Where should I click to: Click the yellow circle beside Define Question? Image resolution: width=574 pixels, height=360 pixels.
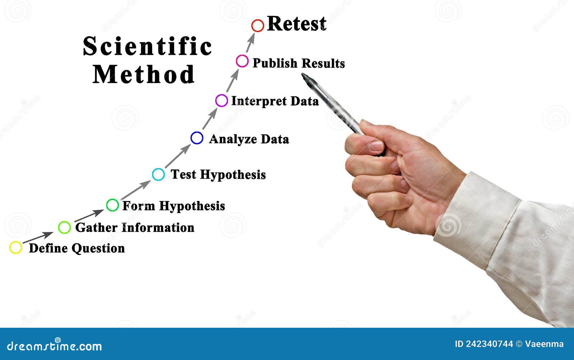[16, 247]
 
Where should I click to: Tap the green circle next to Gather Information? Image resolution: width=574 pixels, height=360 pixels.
[64, 227]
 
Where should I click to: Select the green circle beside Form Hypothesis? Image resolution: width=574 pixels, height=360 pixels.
[112, 205]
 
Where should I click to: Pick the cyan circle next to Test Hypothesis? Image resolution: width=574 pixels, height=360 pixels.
[158, 174]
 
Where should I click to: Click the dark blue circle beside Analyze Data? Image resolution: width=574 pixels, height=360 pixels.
[197, 138]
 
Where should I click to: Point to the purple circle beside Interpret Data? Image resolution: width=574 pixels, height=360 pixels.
[221, 101]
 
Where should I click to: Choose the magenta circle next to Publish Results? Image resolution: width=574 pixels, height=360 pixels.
[242, 61]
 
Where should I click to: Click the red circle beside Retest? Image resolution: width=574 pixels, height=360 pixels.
[258, 26]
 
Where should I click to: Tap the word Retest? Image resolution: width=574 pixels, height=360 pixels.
[297, 24]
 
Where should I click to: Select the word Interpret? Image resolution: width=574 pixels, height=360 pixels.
[259, 101]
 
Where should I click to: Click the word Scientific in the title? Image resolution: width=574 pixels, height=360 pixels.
[147, 46]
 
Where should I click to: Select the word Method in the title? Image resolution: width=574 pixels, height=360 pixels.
[144, 74]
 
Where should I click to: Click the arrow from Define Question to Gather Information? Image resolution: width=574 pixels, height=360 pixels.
[38, 237]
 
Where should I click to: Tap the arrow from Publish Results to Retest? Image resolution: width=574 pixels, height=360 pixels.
[250, 42]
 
